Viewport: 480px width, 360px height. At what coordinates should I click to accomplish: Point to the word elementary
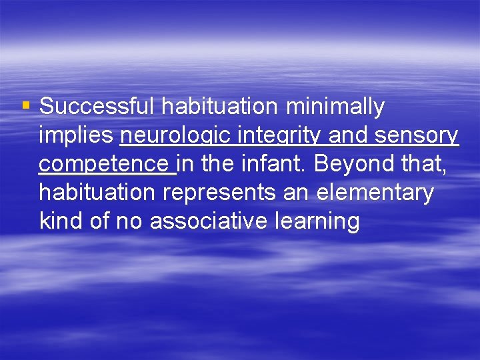click(x=375, y=193)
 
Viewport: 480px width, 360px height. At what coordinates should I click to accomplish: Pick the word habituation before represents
click(x=97, y=192)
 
